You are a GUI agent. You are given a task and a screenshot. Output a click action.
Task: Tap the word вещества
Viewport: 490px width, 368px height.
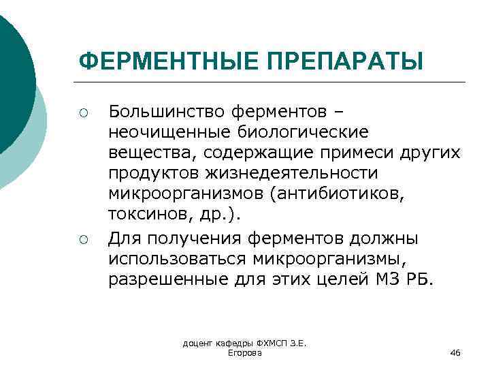pyautogui.click(x=142, y=152)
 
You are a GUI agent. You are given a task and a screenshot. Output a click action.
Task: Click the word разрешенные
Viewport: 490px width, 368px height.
pyautogui.click(x=161, y=281)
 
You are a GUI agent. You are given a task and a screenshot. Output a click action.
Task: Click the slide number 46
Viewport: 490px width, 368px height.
pyautogui.click(x=455, y=352)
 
